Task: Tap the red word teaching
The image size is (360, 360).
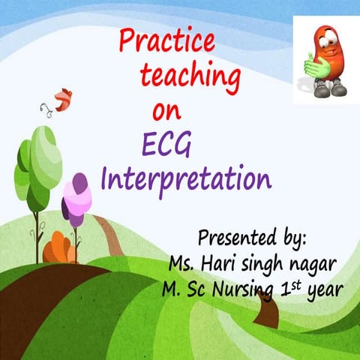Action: tap(190, 76)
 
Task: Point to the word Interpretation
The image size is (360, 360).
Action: tap(185, 180)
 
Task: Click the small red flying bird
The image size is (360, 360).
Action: tap(62, 98)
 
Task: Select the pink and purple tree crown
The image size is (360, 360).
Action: tap(76, 197)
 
